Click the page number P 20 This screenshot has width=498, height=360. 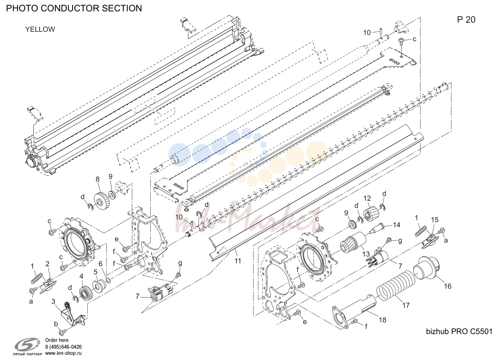[x=466, y=20]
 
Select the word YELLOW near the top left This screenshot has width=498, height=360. [x=40, y=30]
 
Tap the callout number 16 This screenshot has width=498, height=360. [x=447, y=286]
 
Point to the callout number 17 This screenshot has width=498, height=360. [x=406, y=305]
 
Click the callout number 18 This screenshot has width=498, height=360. [x=382, y=320]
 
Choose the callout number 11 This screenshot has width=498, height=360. [x=238, y=261]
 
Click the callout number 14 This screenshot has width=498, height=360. [x=396, y=225]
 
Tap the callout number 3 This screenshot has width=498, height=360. [x=53, y=302]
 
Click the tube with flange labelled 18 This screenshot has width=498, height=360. [x=354, y=312]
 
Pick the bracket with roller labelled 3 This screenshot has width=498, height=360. [x=73, y=314]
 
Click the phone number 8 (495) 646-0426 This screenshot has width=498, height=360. [x=64, y=347]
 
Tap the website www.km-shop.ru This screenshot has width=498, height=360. [x=64, y=353]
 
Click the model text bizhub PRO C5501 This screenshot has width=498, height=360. [x=459, y=331]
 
